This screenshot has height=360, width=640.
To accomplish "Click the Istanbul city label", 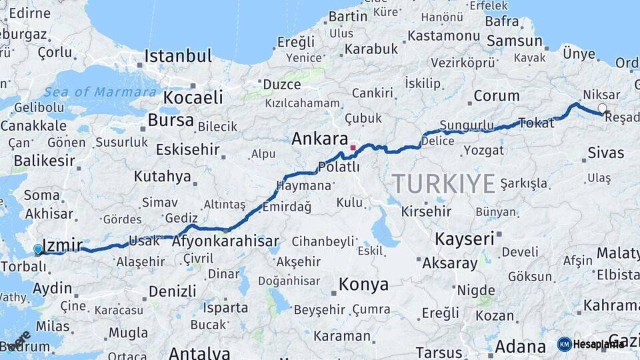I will pyautogui.click(x=178, y=55).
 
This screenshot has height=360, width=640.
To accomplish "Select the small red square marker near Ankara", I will pyautogui.click(x=353, y=147).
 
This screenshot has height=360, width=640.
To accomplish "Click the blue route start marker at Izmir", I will pyautogui.click(x=38, y=249).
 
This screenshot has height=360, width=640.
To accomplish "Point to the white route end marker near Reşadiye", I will pyautogui.click(x=603, y=108).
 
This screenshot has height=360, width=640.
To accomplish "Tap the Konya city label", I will pyautogui.click(x=363, y=285).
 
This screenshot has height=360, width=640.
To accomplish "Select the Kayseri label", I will pyautogui.click(x=464, y=239).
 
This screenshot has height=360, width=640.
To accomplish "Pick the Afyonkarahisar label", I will pyautogui.click(x=225, y=241).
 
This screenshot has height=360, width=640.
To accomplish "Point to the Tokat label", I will pyautogui.click(x=536, y=122).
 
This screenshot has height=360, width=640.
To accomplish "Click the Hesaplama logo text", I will pyautogui.click(x=598, y=344).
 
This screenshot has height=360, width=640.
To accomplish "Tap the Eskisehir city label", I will pyautogui.click(x=187, y=149).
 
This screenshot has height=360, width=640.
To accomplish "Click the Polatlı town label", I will pyautogui.click(x=339, y=167).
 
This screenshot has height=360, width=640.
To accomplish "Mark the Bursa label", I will pyautogui.click(x=171, y=121).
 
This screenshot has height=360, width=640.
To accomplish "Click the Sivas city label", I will pyautogui.click(x=605, y=153).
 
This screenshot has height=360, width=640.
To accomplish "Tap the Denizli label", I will pyautogui.click(x=172, y=291).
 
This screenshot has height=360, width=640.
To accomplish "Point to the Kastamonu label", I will pyautogui.click(x=443, y=35).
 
